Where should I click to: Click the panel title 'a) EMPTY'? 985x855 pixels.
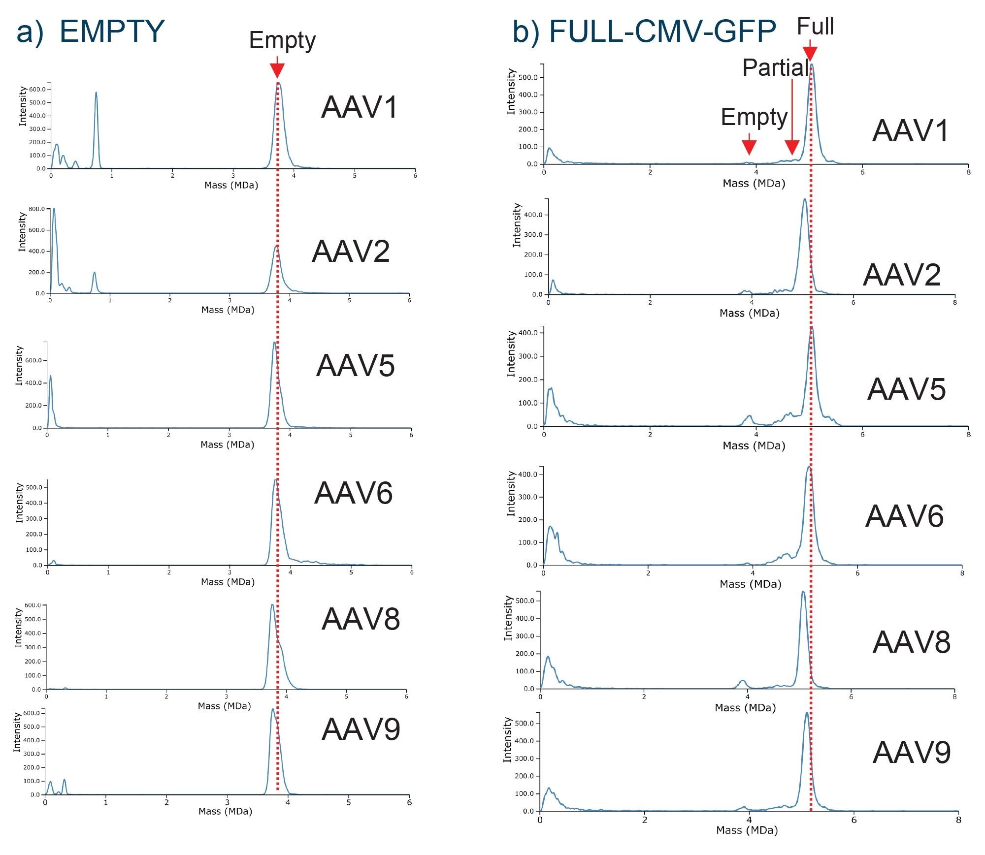tap(90, 32)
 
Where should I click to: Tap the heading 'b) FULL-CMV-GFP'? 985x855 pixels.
tap(644, 32)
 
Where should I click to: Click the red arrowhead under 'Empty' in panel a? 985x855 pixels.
tap(277, 71)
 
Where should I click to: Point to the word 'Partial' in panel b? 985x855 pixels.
tap(775, 67)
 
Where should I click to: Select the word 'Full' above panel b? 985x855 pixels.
tap(815, 26)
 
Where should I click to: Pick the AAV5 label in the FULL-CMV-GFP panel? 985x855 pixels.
tap(906, 389)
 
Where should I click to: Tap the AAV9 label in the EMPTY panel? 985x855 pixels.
tap(361, 729)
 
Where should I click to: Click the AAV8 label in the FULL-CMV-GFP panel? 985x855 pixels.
tap(911, 642)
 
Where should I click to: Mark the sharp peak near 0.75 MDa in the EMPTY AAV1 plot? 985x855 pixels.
tap(96, 94)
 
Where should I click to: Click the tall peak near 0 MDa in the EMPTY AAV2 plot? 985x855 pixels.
tap(54, 209)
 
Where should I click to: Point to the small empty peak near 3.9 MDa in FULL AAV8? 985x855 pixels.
tap(743, 681)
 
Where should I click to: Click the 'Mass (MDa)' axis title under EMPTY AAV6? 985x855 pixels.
tap(228, 582)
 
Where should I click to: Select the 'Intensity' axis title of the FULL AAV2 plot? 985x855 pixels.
tap(517, 225)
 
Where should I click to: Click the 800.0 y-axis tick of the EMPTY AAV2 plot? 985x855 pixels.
tap(36, 209)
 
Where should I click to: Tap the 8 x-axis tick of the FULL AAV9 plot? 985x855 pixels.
tap(958, 820)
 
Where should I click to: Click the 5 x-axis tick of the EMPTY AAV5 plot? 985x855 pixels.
tap(351, 435)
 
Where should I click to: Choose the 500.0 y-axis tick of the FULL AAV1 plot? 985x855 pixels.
tap(528, 77)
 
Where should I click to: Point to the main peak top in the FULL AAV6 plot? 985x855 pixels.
tap(809, 468)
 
